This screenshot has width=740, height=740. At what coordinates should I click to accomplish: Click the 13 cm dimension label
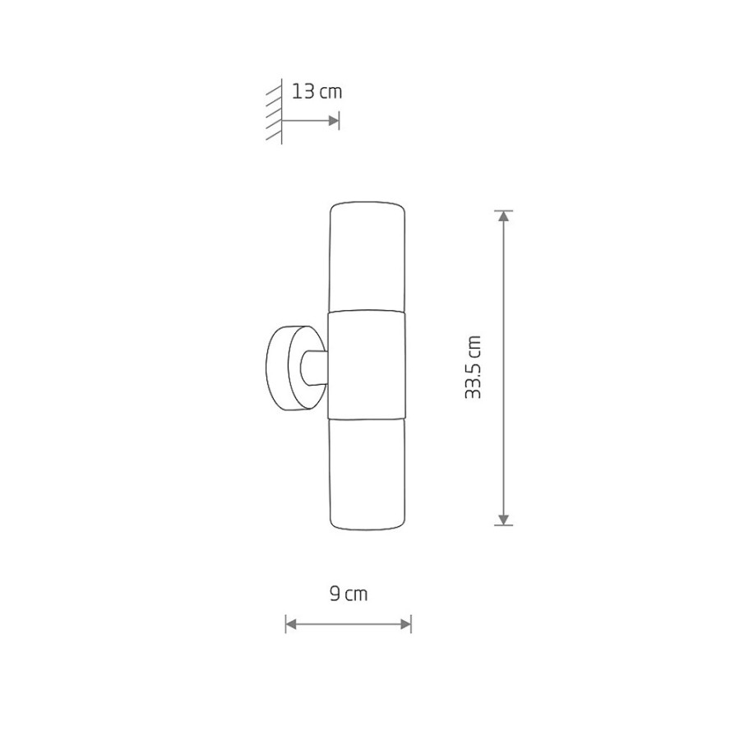[317, 91]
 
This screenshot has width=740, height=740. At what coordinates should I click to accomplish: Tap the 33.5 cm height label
[473, 368]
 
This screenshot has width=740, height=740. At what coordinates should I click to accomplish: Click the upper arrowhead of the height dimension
[504, 216]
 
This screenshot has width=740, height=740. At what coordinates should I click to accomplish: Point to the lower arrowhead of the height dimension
[504, 519]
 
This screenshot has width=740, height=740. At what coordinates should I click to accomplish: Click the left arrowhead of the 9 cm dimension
[291, 624]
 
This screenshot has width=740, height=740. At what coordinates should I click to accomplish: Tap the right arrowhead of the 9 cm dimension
[405, 624]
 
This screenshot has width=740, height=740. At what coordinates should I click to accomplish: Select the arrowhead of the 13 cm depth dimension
[334, 121]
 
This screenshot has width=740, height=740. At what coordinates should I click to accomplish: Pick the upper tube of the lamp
[367, 257]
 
